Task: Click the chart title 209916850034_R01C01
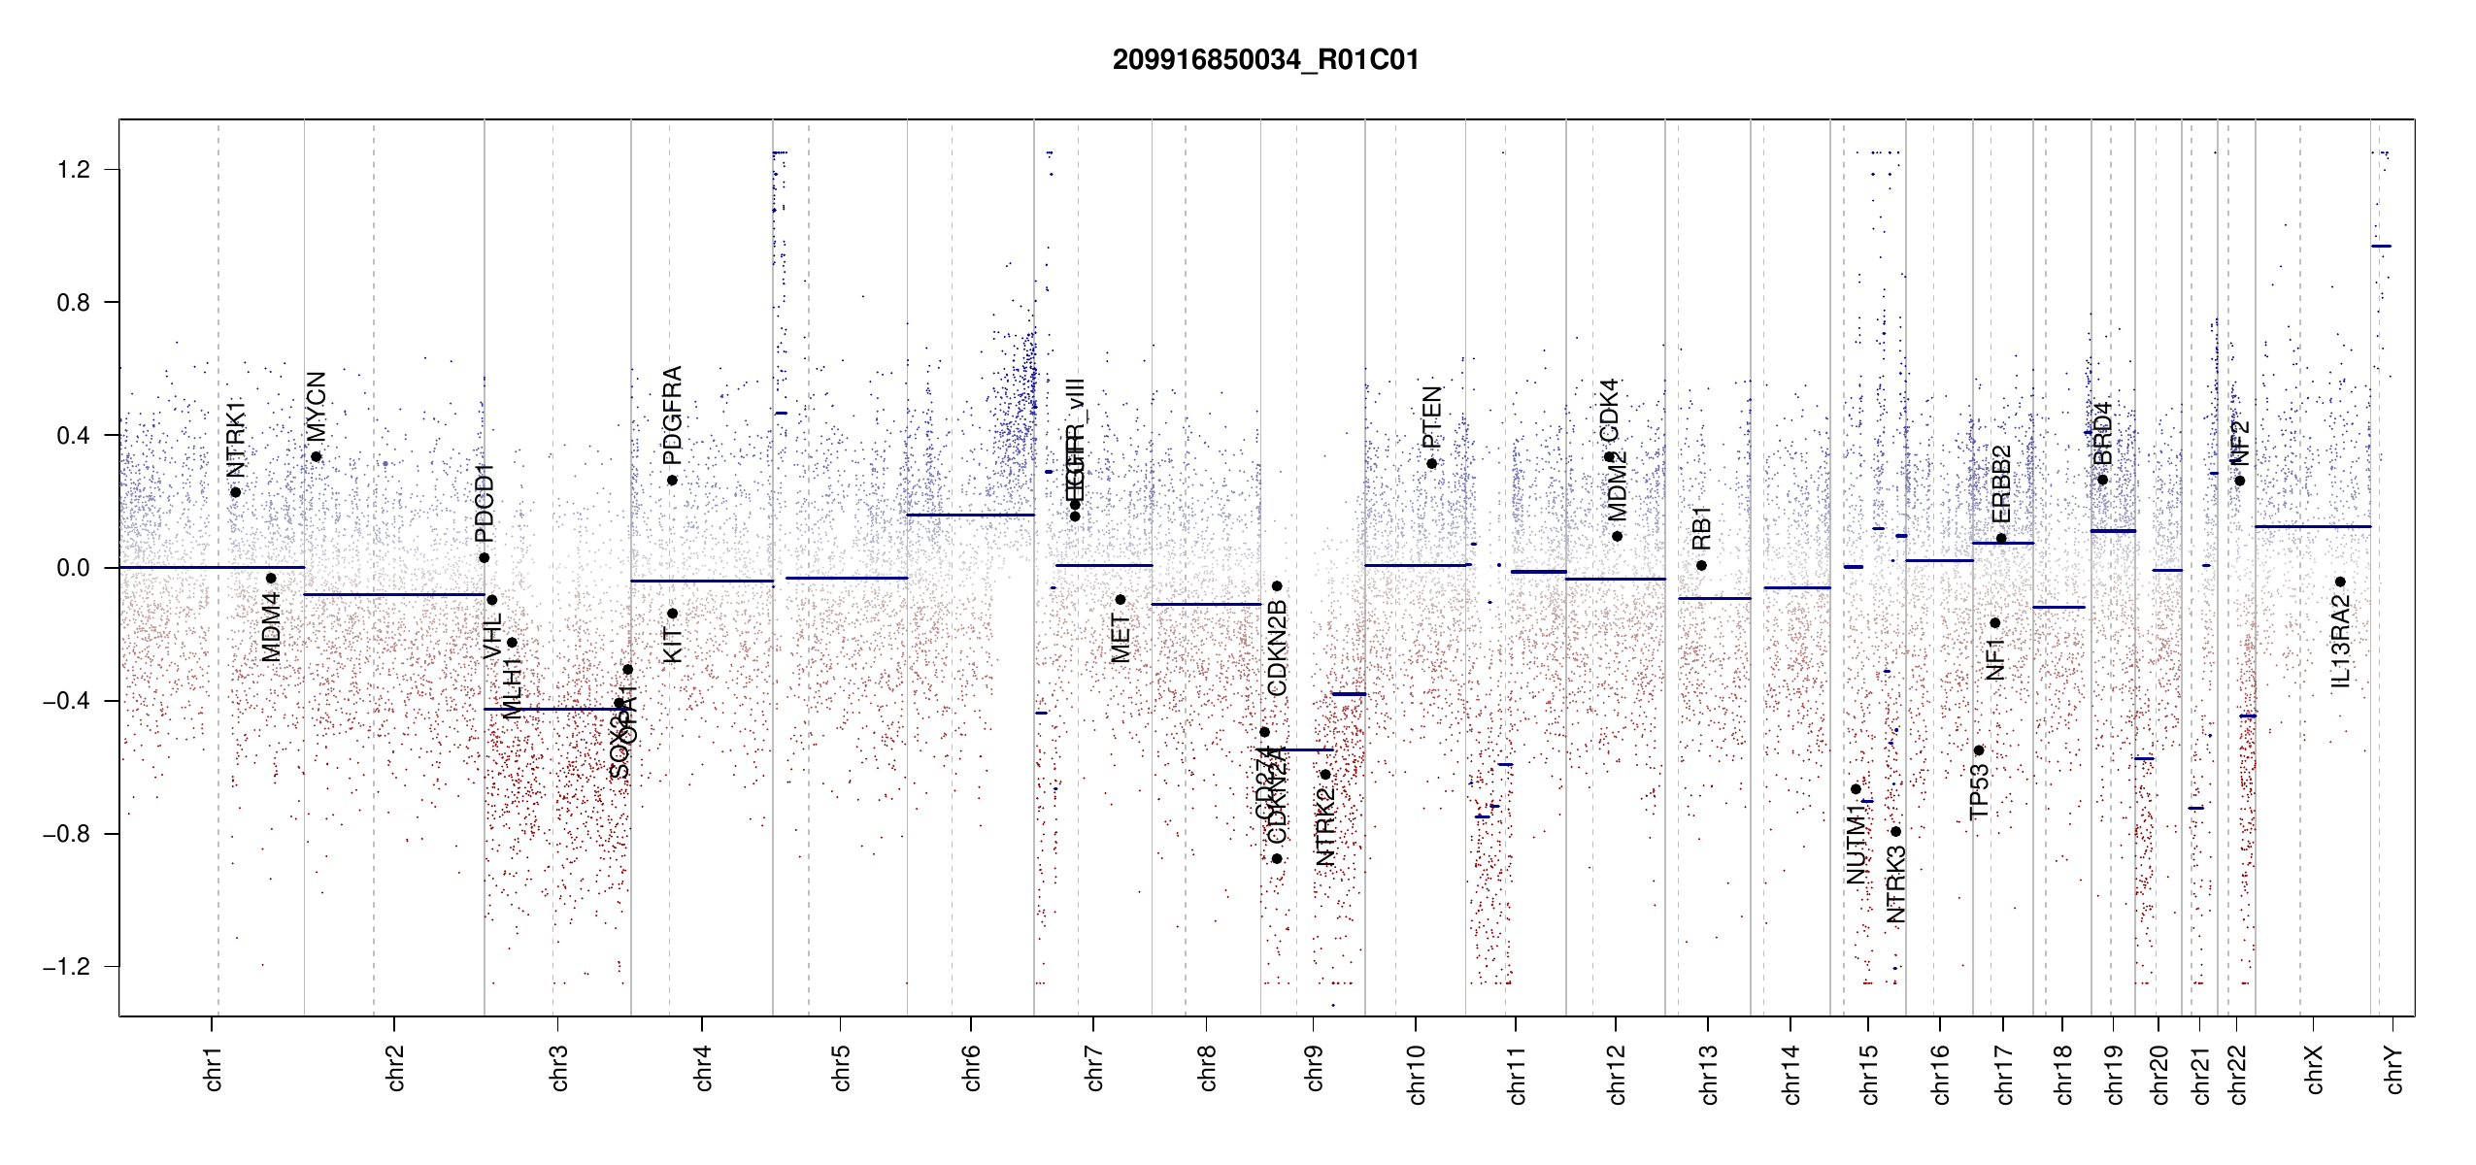[x=1265, y=60]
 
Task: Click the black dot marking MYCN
[x=316, y=457]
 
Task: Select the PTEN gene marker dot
[x=1431, y=464]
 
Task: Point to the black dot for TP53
[x=1979, y=750]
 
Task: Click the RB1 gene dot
[x=1701, y=566]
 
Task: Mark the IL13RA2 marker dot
[x=2340, y=582]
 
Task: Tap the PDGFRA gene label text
[x=672, y=416]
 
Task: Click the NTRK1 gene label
[x=236, y=439]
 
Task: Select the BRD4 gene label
[x=2102, y=433]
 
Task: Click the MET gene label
[x=1121, y=639]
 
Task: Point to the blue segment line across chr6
[x=970, y=516]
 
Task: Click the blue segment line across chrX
[x=2312, y=527]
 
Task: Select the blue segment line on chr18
[x=2058, y=608]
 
